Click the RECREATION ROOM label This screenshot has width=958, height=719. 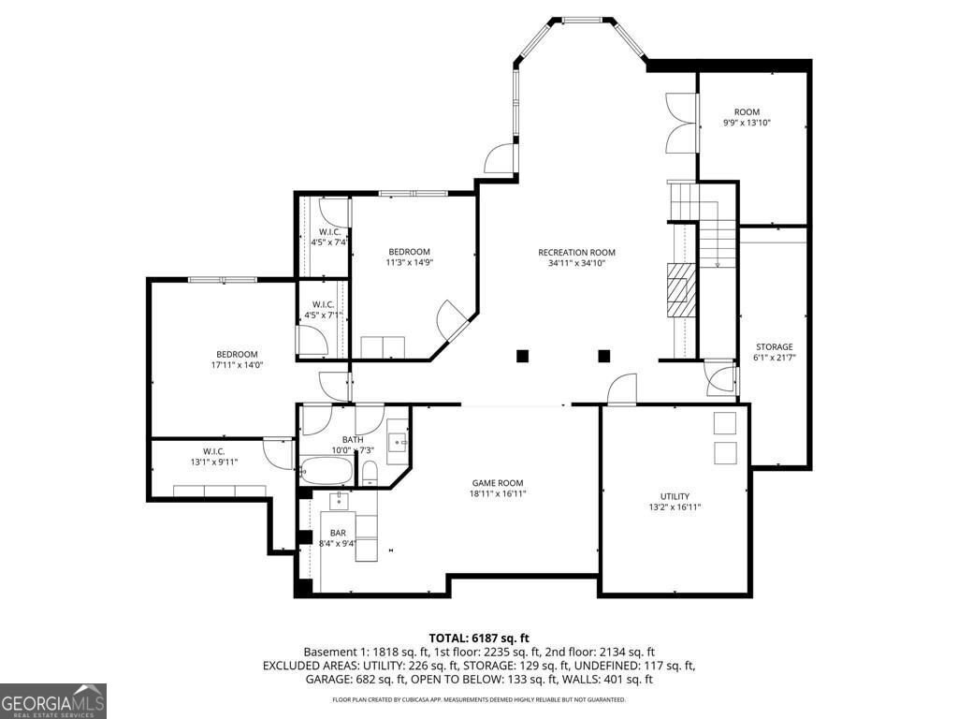tap(576, 252)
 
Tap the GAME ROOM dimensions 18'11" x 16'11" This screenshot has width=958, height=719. tap(497, 494)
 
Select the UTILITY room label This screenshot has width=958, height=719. tap(675, 496)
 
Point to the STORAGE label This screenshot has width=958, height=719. tap(774, 346)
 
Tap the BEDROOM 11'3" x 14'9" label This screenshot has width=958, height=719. tap(410, 251)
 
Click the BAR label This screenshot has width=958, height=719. tap(338, 532)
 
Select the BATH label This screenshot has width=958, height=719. tap(353, 439)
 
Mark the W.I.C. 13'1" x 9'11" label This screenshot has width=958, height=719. tap(213, 451)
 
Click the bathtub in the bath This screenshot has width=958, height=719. tap(327, 471)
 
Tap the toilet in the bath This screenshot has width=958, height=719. tap(369, 471)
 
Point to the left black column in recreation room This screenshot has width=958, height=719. tap(522, 356)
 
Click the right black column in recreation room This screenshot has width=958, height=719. tap(603, 356)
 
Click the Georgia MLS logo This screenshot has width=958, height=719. tap(53, 701)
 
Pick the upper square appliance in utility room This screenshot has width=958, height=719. tap(725, 423)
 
